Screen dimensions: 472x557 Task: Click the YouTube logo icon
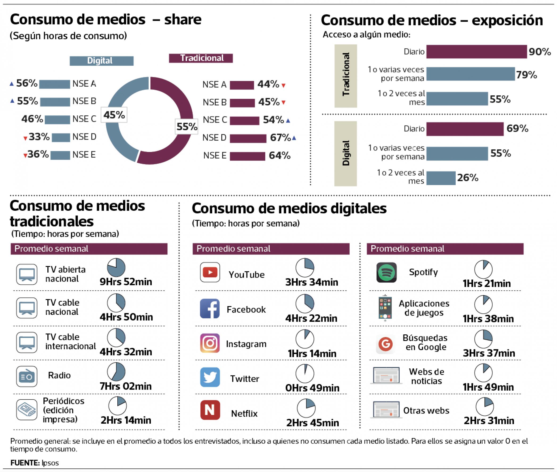210,272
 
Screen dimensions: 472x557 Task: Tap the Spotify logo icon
386,272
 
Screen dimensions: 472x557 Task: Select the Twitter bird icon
210,377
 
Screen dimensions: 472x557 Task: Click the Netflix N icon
210,410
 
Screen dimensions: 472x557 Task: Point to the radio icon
26,376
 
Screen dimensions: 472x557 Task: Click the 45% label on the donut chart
114,115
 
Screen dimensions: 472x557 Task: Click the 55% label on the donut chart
186,126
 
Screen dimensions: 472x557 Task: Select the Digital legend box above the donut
101,61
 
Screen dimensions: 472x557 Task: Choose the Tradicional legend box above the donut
201,58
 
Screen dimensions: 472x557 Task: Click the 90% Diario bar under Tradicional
476,52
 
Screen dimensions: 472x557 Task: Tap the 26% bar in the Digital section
441,178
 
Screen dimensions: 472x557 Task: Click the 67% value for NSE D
280,138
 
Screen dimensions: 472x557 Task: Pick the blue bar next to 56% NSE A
54,84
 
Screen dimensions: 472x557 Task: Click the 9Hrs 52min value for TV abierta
126,282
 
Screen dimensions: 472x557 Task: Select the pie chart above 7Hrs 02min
116,372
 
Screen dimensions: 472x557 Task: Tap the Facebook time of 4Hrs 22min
311,318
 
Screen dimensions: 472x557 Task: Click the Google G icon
385,344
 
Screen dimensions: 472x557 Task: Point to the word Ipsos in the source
50,463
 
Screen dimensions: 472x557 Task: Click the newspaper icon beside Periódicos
26,410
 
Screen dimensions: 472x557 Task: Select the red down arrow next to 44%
283,86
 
